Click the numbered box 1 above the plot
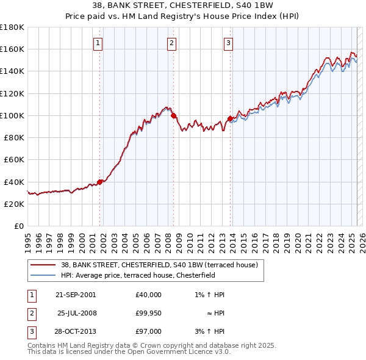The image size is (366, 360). [x=98, y=43]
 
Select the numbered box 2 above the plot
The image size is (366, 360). [x=172, y=43]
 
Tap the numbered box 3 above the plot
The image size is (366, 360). [x=228, y=43]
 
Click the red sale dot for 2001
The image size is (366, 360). [x=100, y=181]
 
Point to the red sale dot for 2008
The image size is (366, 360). [x=174, y=115]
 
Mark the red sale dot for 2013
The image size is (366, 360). [x=230, y=118]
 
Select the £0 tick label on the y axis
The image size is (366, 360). [x=18, y=226]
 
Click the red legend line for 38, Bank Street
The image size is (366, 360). [x=43, y=265]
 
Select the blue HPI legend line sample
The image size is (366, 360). [x=43, y=275]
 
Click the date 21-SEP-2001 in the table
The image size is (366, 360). [x=76, y=295]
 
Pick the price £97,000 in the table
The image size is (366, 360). [x=149, y=331]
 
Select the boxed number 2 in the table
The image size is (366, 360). [x=31, y=313]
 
